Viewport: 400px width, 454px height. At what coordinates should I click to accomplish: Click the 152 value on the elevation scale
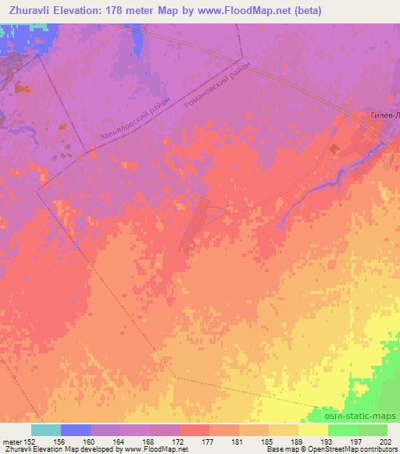[30, 441]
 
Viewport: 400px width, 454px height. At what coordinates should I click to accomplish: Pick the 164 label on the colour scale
[120, 441]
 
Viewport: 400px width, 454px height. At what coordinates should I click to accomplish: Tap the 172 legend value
[179, 441]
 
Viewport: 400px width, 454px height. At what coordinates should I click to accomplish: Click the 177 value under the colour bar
[209, 441]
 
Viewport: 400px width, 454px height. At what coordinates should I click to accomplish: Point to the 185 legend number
[268, 441]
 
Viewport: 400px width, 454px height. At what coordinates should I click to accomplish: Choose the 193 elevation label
[327, 441]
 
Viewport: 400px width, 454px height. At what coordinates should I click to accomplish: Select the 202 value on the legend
[386, 441]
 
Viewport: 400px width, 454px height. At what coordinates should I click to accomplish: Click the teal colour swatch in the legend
[45, 430]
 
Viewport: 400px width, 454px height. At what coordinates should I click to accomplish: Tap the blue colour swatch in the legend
[75, 430]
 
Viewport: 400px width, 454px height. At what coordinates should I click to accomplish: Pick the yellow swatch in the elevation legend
[312, 430]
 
